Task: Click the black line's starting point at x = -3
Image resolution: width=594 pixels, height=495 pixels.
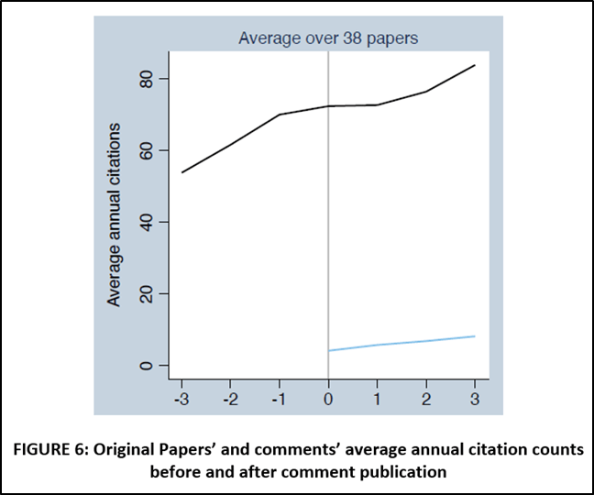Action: pos(181,172)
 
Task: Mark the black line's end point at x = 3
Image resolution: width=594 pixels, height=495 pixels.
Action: pos(475,65)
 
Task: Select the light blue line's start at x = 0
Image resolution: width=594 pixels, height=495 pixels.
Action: pos(328,350)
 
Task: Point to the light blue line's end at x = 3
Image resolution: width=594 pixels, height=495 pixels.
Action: pos(475,336)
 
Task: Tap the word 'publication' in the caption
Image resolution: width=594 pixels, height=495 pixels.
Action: pos(404,472)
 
